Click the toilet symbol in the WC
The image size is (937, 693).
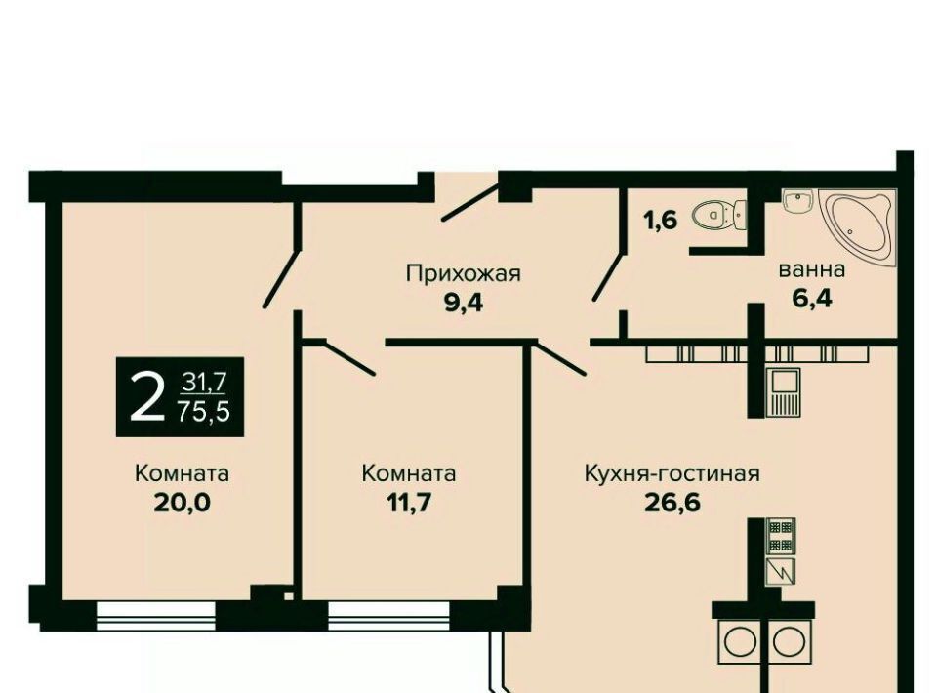[719, 215]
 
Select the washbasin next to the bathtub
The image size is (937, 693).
[797, 202]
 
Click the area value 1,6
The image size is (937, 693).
[661, 221]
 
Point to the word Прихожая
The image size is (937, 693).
[464, 273]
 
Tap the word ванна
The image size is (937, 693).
[812, 270]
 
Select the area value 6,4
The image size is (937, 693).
[812, 298]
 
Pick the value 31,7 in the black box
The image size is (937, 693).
[204, 382]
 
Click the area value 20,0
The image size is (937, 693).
[183, 503]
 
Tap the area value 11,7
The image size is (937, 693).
[409, 503]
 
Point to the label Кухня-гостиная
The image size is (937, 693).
[672, 473]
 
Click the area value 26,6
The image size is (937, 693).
[672, 503]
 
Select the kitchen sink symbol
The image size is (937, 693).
[783, 392]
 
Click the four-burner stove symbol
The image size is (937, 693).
[781, 535]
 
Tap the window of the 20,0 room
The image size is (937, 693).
[155, 615]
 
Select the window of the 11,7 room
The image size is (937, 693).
[388, 615]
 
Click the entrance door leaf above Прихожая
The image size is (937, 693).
[470, 202]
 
